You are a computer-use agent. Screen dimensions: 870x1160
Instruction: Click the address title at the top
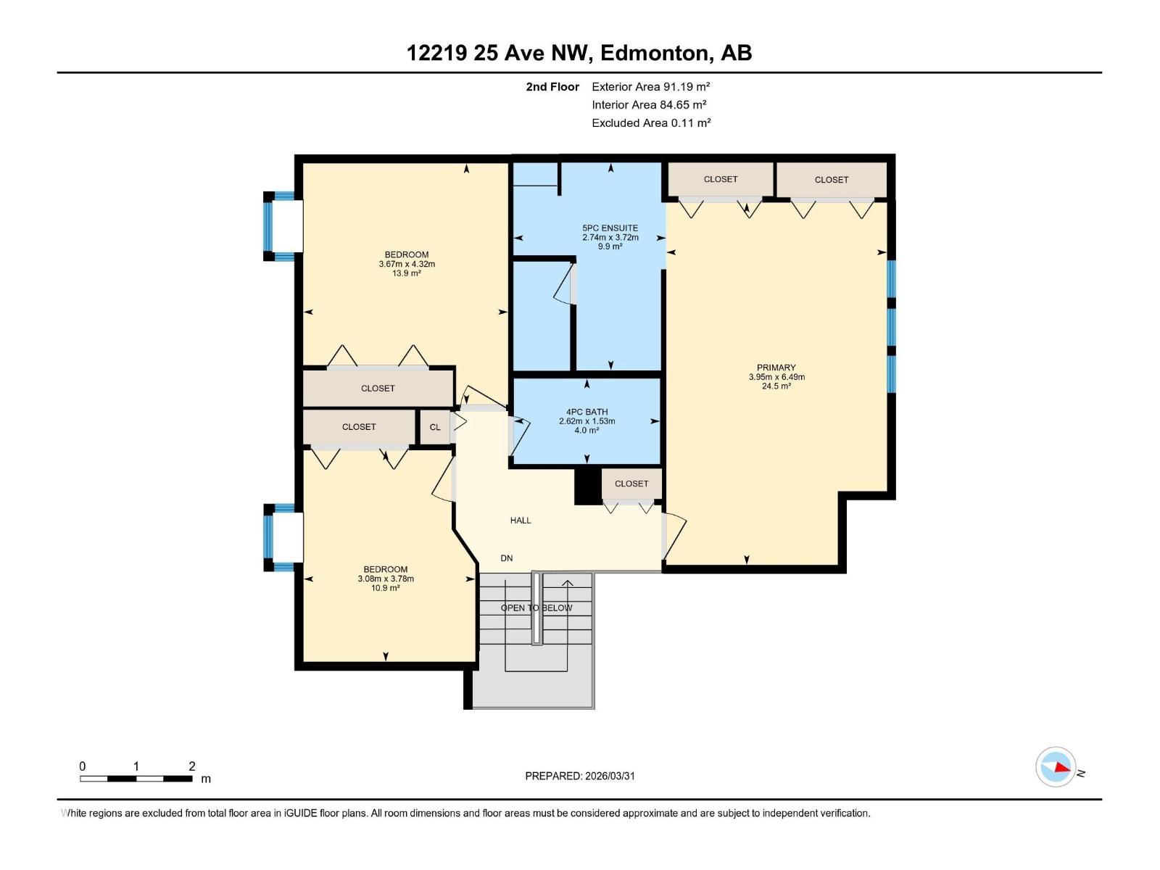pos(579,53)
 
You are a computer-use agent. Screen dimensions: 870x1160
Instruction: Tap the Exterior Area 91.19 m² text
pos(650,86)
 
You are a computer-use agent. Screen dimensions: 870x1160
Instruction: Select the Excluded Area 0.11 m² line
pos(650,123)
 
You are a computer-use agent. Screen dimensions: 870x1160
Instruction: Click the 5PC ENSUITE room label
pos(610,228)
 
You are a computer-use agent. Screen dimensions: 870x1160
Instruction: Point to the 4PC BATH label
pos(587,412)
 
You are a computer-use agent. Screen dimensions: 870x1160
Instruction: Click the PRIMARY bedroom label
pos(776,368)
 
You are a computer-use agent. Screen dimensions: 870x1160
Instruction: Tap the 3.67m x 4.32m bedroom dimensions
pos(406,264)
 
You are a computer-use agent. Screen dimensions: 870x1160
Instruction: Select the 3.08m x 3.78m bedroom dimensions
pos(385,579)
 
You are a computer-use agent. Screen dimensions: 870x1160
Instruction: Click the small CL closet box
pos(434,427)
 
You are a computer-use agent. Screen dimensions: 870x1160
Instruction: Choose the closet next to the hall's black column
pos(631,484)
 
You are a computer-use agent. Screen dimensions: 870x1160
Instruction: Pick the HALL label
pos(520,521)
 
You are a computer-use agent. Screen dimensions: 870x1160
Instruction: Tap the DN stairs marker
pos(506,558)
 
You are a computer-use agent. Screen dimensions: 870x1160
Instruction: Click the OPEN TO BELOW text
pos(536,608)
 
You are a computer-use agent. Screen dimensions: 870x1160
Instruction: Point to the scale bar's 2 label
pos(191,766)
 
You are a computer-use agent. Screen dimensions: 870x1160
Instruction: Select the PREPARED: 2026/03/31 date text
pos(579,776)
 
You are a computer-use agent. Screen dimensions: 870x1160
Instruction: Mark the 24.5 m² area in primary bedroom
pos(776,386)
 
